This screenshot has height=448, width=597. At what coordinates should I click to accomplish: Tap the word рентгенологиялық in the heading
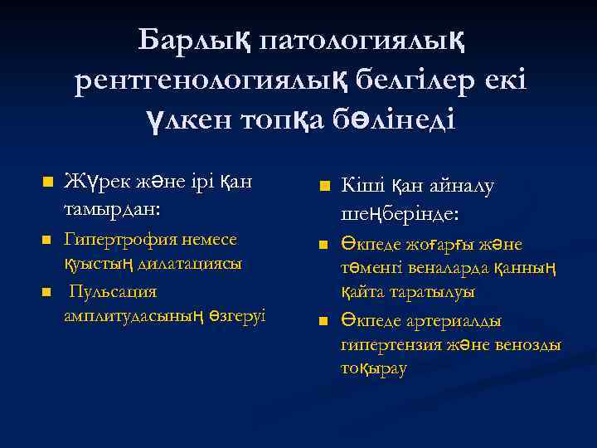[211, 80]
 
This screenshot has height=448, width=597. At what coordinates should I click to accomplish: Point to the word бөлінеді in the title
[385, 120]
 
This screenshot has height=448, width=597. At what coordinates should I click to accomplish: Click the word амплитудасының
[135, 317]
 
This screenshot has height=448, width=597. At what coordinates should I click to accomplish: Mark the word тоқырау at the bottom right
[373, 368]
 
